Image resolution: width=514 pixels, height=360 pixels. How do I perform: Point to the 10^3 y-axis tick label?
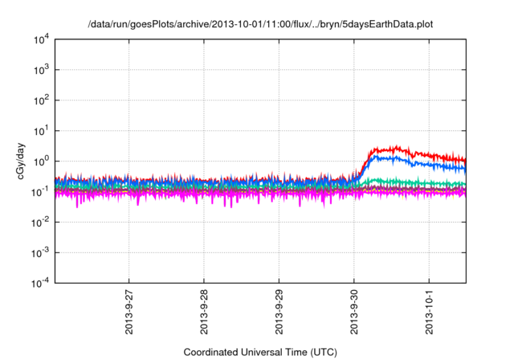42,69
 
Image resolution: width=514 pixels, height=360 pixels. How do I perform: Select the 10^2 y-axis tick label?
42,100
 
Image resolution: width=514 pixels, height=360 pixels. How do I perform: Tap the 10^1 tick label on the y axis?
42,130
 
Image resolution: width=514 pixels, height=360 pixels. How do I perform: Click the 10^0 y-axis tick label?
42,161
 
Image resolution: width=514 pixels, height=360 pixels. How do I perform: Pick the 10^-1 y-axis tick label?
41,191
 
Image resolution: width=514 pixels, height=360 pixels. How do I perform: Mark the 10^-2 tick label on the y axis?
41,222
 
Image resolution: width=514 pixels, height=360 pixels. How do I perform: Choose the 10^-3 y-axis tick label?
41,252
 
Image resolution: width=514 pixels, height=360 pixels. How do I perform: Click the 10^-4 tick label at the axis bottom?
41,283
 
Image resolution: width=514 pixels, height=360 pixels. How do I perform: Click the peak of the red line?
395,146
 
